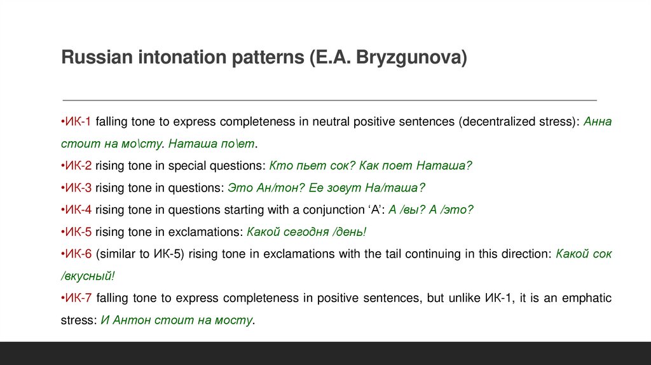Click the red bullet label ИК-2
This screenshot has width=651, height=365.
[77, 166]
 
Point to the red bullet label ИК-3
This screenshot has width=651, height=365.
[77, 188]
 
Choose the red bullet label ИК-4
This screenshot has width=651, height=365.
[77, 210]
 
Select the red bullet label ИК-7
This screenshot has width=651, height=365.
[77, 298]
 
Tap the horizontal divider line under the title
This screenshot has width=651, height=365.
[329, 100]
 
